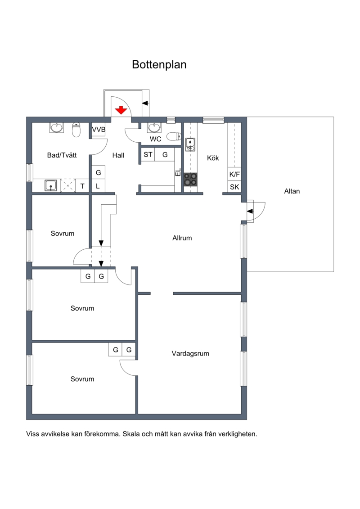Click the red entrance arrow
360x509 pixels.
pyautogui.click(x=121, y=110)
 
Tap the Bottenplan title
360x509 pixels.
pyautogui.click(x=159, y=64)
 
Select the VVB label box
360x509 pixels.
pyautogui.click(x=99, y=130)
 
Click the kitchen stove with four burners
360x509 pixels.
pyautogui.click(x=190, y=179)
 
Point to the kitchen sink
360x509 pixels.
pyautogui.click(x=190, y=144)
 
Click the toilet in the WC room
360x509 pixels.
pyautogui.click(x=174, y=136)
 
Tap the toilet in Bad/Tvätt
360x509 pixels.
pyautogui.click(x=76, y=130)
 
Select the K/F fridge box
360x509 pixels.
pyautogui.click(x=234, y=174)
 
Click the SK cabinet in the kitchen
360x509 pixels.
pyautogui.click(x=234, y=187)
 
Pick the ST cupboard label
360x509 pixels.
pyautogui.click(x=148, y=154)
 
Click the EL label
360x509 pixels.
pyautogui.click(x=178, y=172)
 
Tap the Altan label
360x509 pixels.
pyautogui.click(x=292, y=191)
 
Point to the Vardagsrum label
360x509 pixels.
pyautogui.click(x=190, y=353)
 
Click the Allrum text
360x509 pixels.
pyautogui.click(x=182, y=238)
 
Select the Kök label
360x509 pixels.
pyautogui.click(x=213, y=158)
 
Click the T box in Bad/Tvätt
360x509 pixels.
pyautogui.click(x=82, y=186)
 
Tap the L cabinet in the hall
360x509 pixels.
pyautogui.click(x=98, y=186)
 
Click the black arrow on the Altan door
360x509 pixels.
pyautogui.click(x=250, y=212)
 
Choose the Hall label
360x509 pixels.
pyautogui.click(x=118, y=156)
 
